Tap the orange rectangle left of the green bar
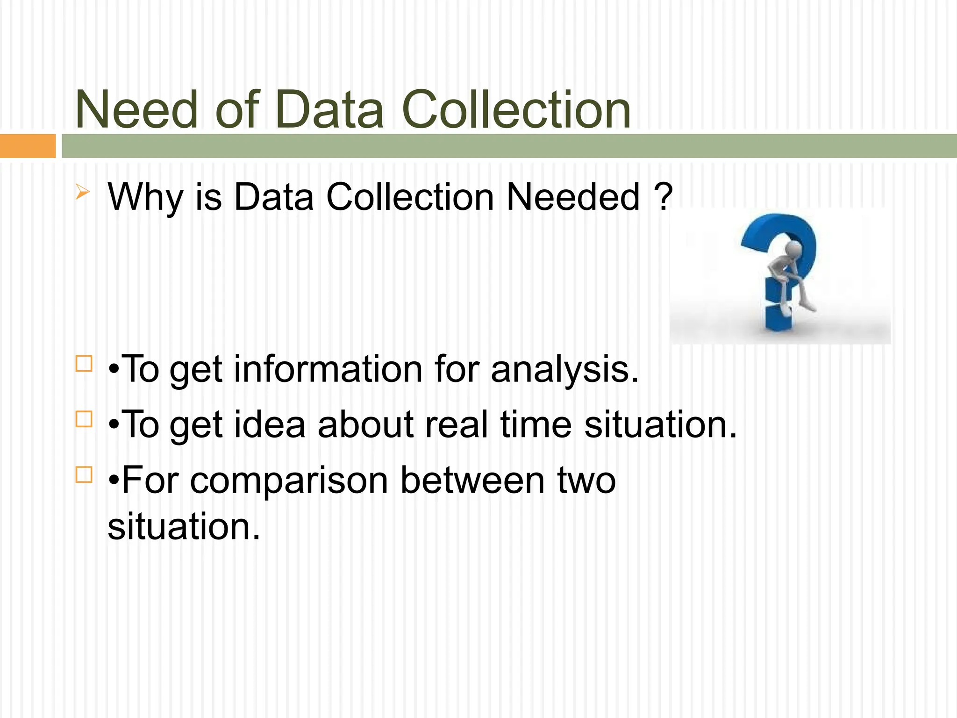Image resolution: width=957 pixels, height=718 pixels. coord(27,146)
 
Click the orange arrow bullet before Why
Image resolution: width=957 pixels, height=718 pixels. coord(82,192)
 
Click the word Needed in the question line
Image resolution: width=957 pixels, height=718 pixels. coord(573,197)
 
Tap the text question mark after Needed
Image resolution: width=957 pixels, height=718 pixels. coord(663,197)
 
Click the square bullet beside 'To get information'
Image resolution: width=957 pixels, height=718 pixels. coord(84,363)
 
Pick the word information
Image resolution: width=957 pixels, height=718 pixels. coord(329,369)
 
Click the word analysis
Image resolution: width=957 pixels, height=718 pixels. coord(564,370)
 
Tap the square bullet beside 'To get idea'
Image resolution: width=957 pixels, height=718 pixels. coord(84,419)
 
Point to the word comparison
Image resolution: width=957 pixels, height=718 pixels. coord(289,481)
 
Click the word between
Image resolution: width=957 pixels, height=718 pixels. coord(472,480)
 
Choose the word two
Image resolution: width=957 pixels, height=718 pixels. coord(587,481)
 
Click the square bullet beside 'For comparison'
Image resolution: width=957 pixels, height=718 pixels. coord(84,474)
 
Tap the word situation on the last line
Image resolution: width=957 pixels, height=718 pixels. coord(184,526)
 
